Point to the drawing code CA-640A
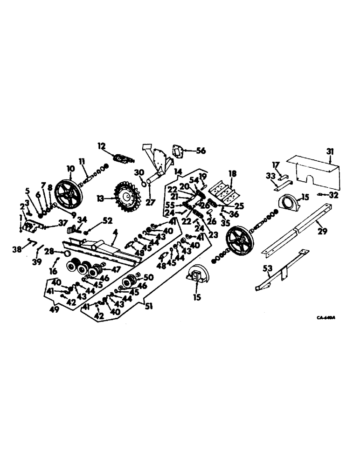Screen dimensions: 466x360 pyautogui.click(x=326, y=318)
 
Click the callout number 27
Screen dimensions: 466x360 pyautogui.click(x=149, y=190)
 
